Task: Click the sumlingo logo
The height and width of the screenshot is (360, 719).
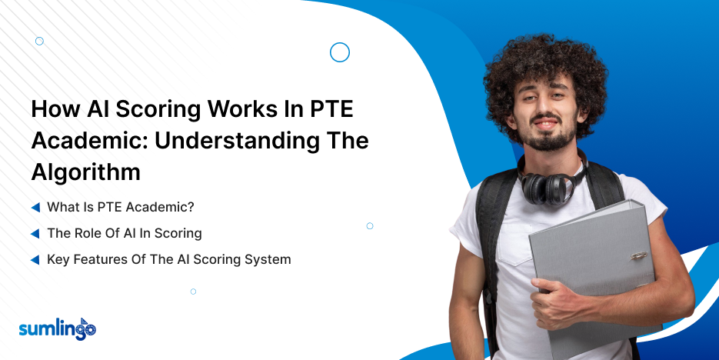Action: [58, 329]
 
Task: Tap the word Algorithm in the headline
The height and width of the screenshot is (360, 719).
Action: [86, 172]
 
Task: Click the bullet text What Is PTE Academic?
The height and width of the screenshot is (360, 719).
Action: [121, 207]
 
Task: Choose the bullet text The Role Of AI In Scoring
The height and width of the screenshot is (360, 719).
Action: [125, 233]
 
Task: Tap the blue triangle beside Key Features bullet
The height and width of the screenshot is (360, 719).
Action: [35, 260]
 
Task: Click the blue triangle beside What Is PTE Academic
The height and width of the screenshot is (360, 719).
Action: [35, 208]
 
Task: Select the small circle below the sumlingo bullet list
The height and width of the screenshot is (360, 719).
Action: [193, 292]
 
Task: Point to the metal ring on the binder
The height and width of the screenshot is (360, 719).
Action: [638, 256]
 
